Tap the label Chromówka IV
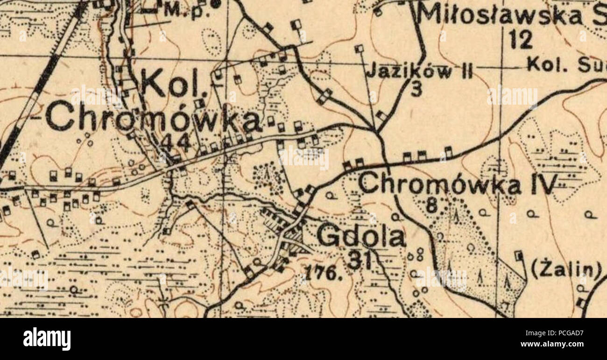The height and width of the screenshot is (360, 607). pos(457,184)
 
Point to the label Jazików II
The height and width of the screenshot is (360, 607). pos(419,72)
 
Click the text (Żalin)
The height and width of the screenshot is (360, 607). pos(566,269)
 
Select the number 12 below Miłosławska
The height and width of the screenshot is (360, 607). pos(520,40)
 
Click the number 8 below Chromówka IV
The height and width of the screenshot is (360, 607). pos(432,205)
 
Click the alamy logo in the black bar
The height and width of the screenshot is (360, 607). pos(47,339)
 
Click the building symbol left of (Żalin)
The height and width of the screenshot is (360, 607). pos(518,255)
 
